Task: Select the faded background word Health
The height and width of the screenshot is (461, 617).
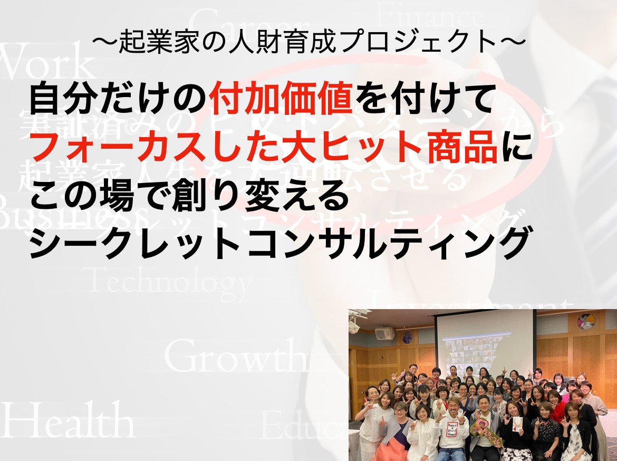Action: [69, 422]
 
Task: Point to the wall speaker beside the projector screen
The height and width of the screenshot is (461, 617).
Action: [384, 334]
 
